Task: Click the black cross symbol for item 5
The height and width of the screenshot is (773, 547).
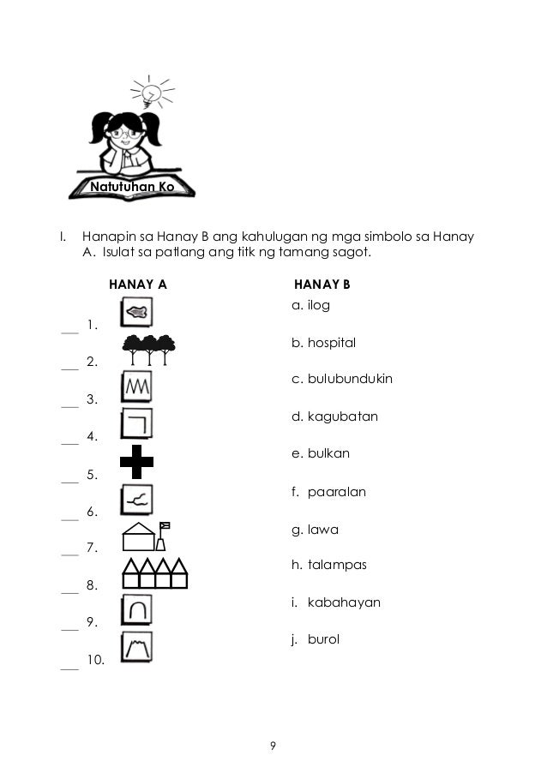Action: (136, 463)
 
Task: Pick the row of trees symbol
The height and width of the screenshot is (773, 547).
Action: (149, 349)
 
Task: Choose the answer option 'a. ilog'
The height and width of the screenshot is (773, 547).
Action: (310, 305)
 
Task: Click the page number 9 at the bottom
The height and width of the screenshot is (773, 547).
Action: (273, 746)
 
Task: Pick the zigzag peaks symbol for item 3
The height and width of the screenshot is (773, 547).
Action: (137, 387)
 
